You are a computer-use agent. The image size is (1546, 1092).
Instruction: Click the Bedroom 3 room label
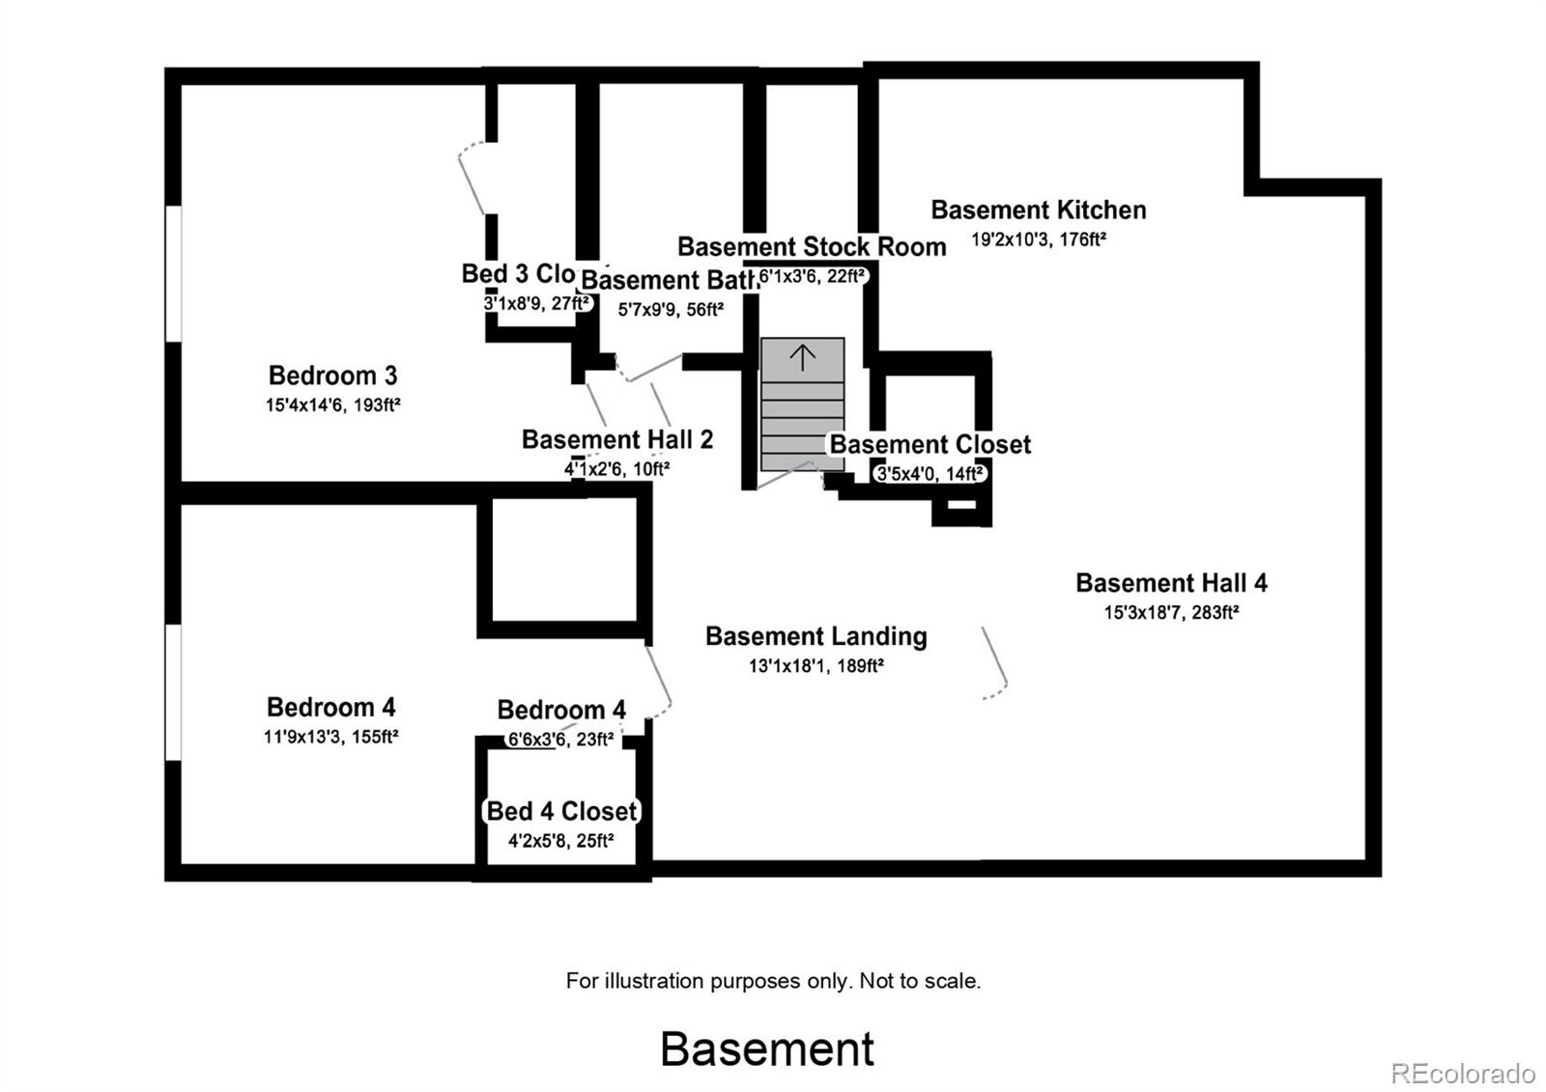(x=332, y=376)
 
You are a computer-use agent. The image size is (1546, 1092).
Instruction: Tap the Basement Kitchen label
(x=1038, y=210)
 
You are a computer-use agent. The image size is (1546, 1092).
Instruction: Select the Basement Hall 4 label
(x=1171, y=583)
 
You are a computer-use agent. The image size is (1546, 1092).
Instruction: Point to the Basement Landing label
(x=816, y=636)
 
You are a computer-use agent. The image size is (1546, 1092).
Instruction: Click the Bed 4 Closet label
(x=561, y=811)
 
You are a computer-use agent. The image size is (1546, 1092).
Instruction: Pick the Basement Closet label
(x=930, y=445)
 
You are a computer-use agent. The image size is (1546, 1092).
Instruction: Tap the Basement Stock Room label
(x=811, y=247)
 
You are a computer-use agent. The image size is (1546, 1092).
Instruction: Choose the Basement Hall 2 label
(x=616, y=440)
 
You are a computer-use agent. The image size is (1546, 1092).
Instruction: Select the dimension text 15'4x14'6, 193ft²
(x=332, y=406)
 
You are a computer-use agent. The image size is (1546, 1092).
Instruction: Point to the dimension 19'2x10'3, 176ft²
(x=1038, y=239)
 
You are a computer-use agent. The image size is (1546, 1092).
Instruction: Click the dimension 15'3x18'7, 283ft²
(x=1171, y=612)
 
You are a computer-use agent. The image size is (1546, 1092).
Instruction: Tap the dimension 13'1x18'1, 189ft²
(x=816, y=665)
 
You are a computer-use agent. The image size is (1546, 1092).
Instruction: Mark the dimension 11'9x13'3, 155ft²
(x=331, y=737)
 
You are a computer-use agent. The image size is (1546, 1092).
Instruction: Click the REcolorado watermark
(x=1462, y=1073)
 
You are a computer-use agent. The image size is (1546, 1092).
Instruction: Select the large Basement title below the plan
(x=767, y=1049)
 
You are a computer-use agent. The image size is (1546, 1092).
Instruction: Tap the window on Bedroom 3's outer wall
(x=173, y=273)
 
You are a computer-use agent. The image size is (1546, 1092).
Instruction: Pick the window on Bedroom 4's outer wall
(x=173, y=692)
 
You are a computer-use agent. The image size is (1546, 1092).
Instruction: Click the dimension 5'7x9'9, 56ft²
(x=670, y=310)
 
